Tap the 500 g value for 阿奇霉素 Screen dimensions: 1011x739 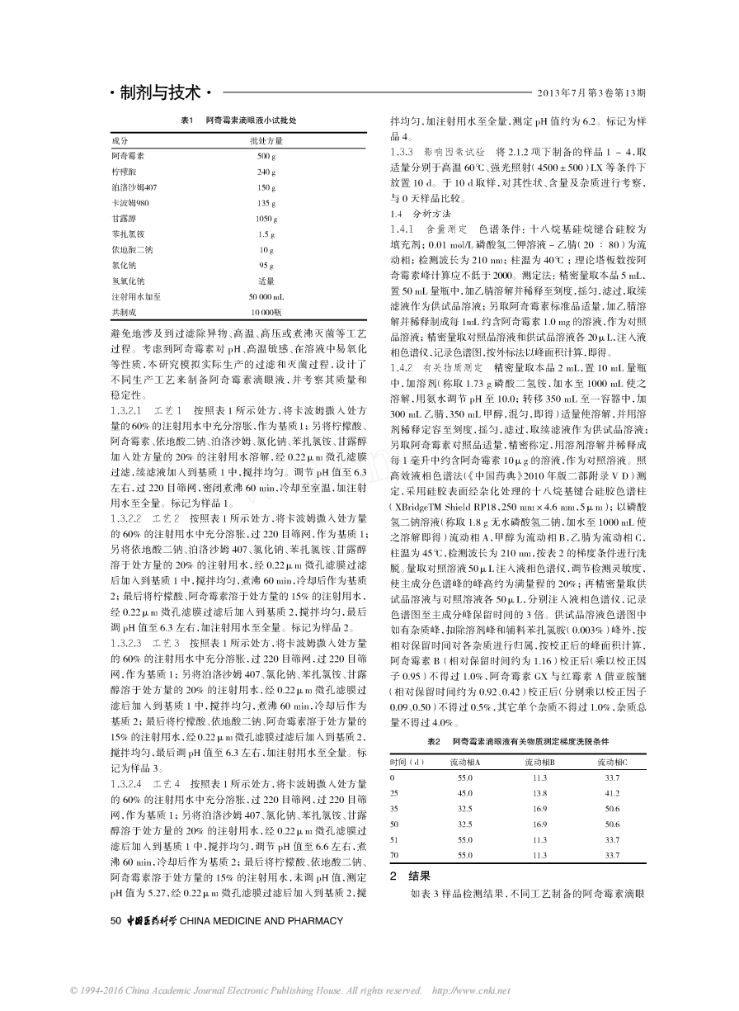(x=266, y=156)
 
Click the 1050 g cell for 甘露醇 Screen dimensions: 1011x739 (x=266, y=219)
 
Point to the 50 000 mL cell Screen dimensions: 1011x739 (x=266, y=296)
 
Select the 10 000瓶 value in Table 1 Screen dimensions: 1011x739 (x=266, y=312)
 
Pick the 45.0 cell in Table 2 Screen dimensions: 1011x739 (x=465, y=793)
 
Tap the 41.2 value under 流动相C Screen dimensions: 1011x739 (x=613, y=793)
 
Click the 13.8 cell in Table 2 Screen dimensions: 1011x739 (x=539, y=793)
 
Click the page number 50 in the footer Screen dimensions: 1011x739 (x=115, y=920)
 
